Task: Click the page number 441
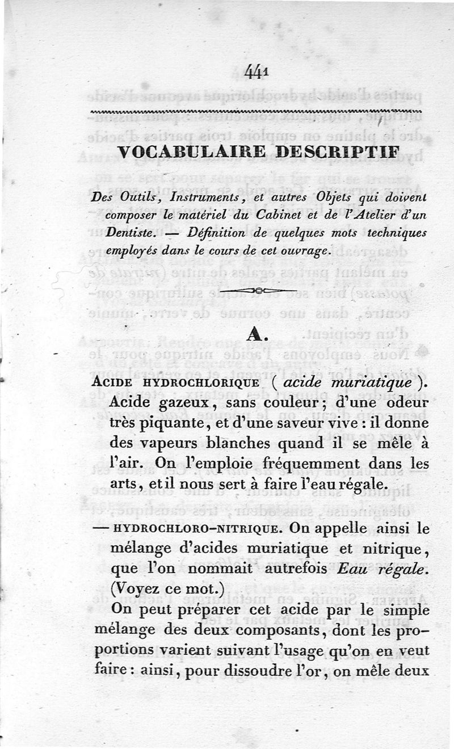click(257, 73)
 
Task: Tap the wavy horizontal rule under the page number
click(257, 112)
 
